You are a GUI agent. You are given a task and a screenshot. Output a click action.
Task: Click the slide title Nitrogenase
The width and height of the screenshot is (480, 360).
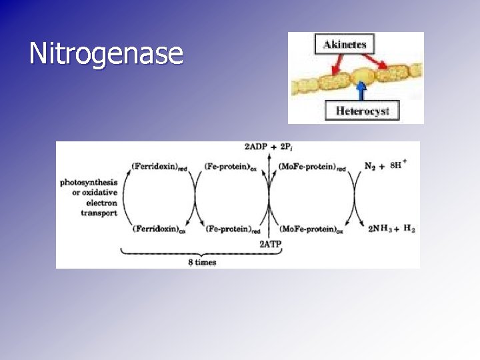(x=106, y=54)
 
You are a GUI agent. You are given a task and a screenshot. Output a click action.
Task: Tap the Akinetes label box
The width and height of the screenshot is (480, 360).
(x=344, y=45)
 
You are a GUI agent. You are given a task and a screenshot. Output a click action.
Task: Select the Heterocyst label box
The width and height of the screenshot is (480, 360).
(x=362, y=110)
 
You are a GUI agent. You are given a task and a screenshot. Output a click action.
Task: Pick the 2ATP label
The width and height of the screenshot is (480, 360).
(x=271, y=244)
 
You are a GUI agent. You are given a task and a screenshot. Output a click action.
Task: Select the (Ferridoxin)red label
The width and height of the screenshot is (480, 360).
(x=159, y=166)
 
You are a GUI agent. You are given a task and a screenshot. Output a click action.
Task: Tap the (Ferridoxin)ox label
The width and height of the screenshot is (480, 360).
(x=159, y=229)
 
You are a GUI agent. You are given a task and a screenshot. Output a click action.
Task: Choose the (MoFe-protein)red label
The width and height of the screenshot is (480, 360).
(x=313, y=166)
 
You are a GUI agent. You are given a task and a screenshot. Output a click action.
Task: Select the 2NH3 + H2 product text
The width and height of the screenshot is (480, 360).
(x=391, y=229)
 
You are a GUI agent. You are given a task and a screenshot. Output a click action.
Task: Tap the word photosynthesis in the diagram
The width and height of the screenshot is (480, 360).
(x=89, y=182)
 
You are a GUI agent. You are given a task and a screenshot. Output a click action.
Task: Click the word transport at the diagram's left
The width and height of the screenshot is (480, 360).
(x=99, y=213)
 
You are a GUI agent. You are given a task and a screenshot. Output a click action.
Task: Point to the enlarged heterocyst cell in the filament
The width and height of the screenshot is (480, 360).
(x=363, y=75)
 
